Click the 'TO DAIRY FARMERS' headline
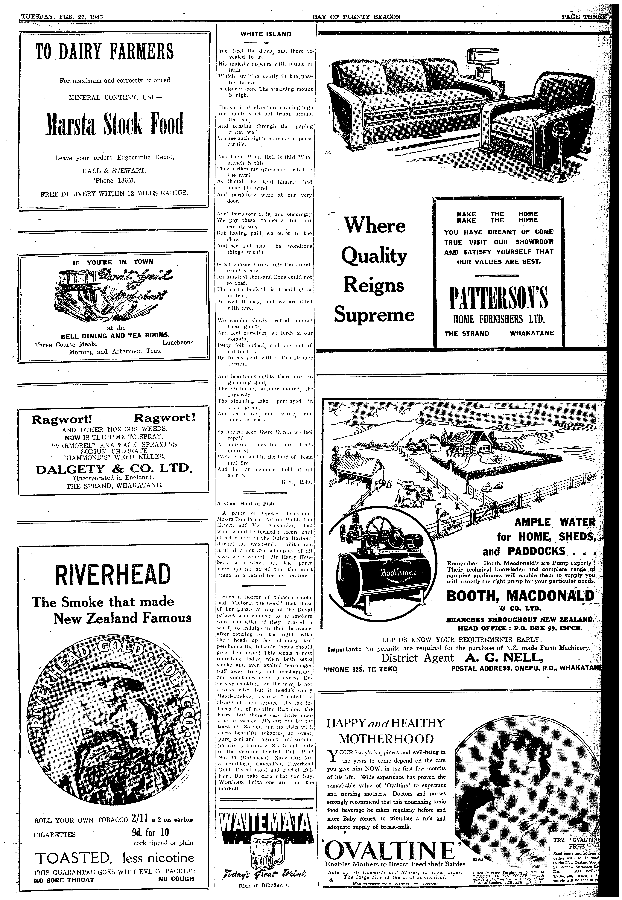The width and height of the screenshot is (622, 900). pyautogui.click(x=104, y=52)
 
